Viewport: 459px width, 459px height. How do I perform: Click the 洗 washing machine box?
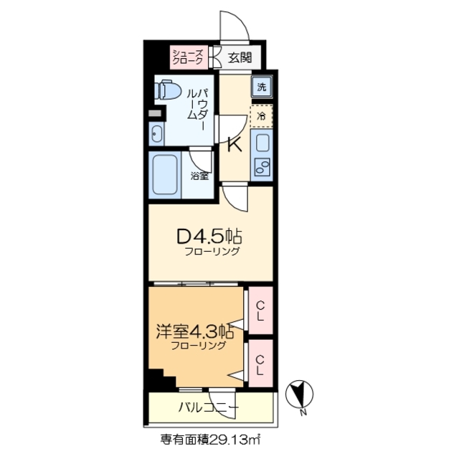click(262, 87)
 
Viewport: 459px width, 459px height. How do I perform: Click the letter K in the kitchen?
click(234, 144)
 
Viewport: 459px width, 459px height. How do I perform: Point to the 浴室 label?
click(200, 175)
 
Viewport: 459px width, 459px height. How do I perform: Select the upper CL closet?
click(260, 310)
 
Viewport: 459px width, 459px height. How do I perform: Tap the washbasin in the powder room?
click(156, 134)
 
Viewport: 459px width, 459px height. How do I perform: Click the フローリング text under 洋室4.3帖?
click(199, 346)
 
